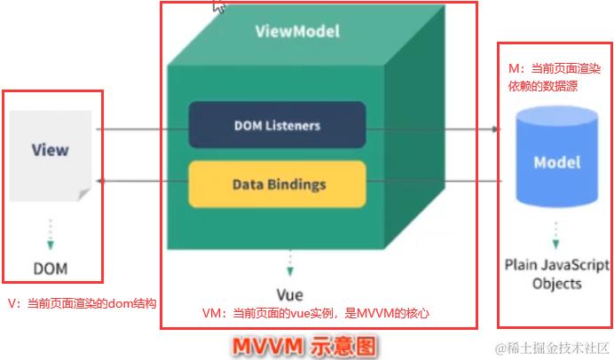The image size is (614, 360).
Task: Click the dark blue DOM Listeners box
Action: click(277, 125)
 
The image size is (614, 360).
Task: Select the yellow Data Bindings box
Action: click(277, 184)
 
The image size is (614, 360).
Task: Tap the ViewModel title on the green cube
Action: click(297, 31)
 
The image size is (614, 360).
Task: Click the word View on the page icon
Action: click(50, 149)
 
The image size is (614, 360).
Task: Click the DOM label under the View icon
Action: click(50, 267)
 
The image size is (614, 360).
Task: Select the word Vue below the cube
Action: click(291, 293)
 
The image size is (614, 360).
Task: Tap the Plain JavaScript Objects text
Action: click(556, 274)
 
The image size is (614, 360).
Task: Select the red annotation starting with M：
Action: click(555, 74)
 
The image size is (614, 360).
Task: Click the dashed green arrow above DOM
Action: click(51, 232)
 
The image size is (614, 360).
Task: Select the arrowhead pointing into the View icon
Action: click(99, 180)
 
